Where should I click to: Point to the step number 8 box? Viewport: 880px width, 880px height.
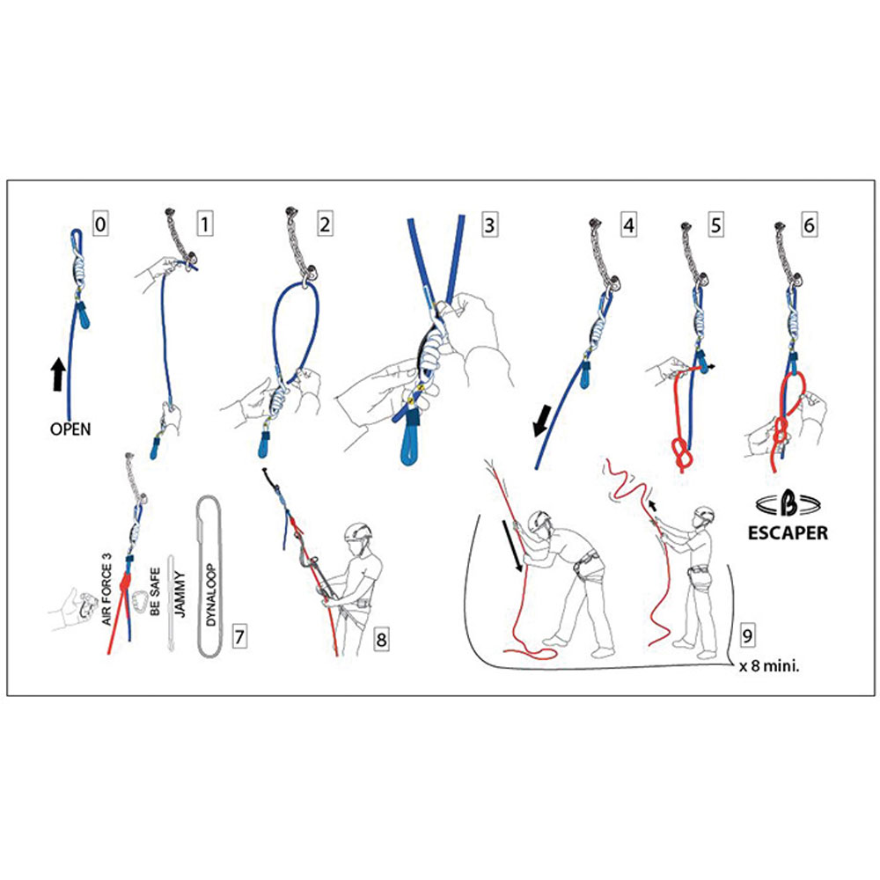(380, 639)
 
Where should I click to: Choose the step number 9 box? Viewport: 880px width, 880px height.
(747, 633)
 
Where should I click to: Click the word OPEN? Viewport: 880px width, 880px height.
(72, 430)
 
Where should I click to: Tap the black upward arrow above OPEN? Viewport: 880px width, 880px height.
(59, 373)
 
